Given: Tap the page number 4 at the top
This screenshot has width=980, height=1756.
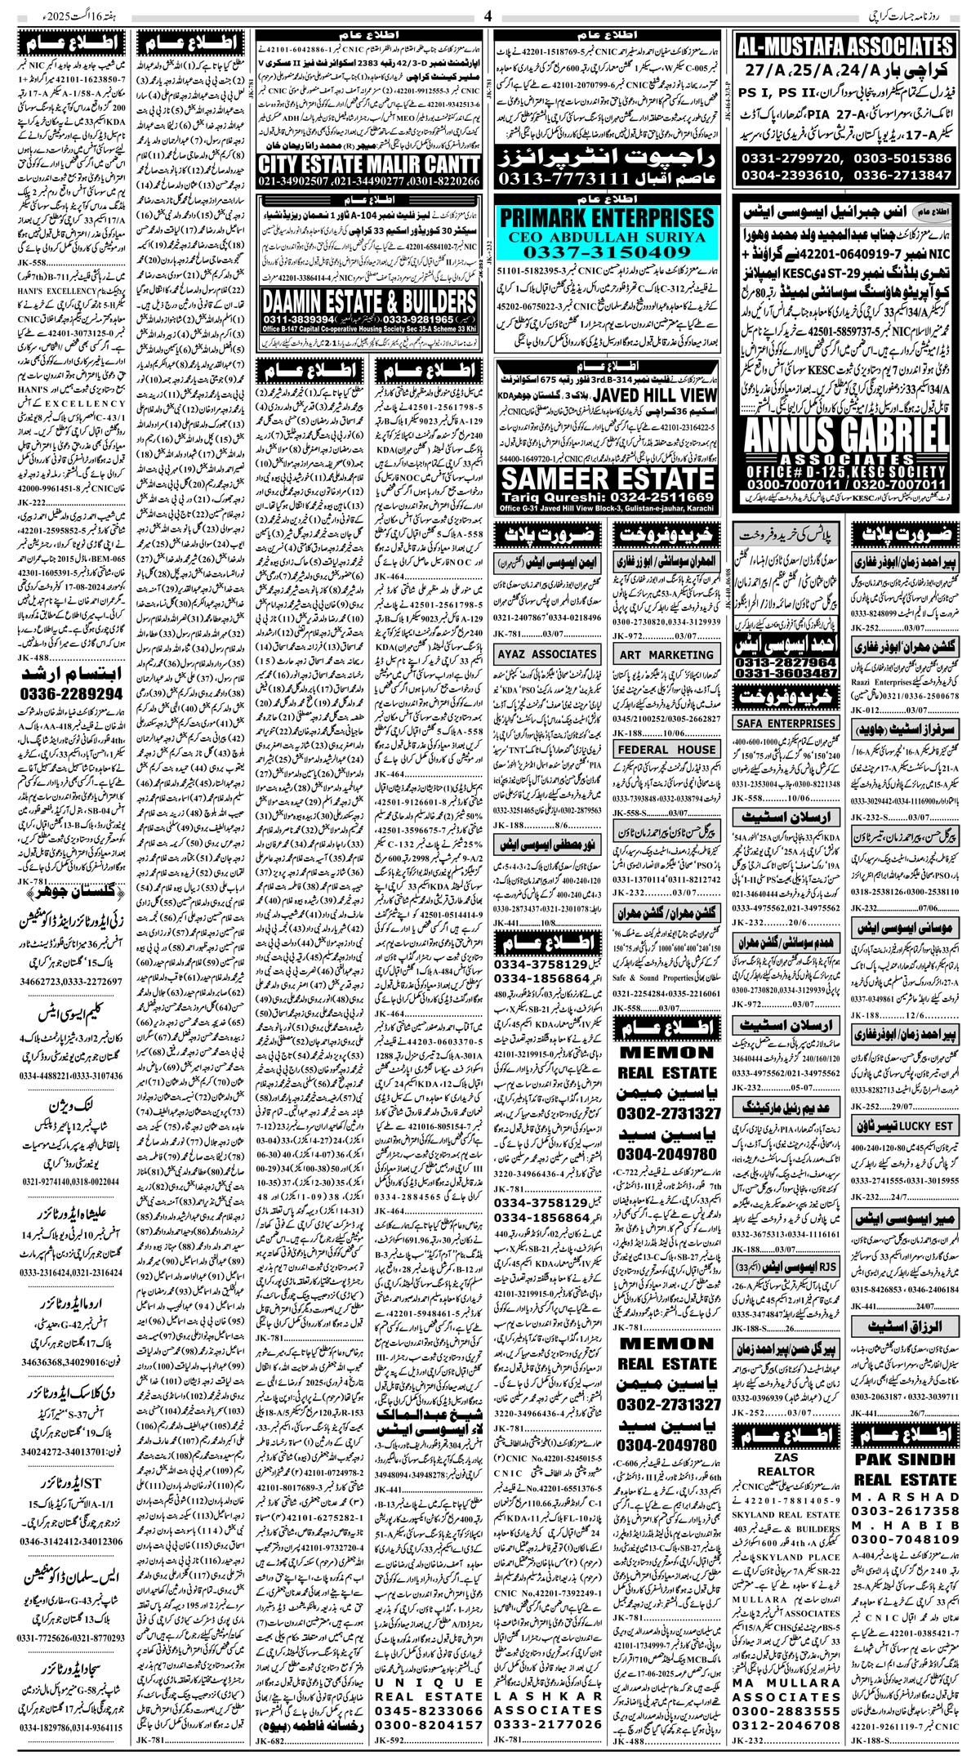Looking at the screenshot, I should [x=488, y=16].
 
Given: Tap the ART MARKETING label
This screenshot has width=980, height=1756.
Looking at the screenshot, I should [x=666, y=654].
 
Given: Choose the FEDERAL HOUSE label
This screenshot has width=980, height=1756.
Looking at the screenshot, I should [x=666, y=749].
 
